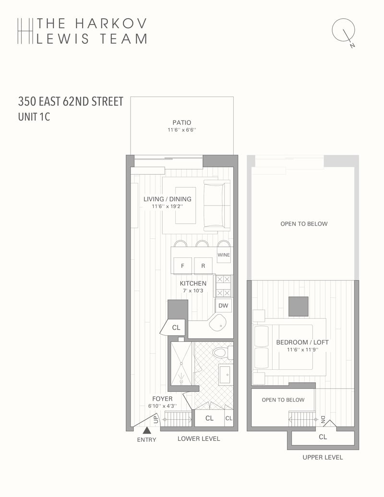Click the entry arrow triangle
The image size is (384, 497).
[x=147, y=430]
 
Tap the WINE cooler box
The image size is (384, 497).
[x=224, y=255]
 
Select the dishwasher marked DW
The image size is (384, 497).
[x=223, y=305]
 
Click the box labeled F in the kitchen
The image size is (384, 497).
[x=182, y=266]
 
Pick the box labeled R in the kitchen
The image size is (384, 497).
[x=203, y=266]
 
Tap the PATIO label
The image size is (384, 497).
[x=182, y=122]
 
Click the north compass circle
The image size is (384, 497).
[x=343, y=30]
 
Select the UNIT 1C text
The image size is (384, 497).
[x=34, y=117]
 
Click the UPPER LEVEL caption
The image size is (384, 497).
[x=323, y=457]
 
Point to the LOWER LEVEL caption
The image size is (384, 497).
[x=199, y=439]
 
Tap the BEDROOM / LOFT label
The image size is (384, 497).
[x=302, y=342]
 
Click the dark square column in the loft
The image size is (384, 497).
[x=299, y=306]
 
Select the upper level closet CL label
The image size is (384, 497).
[x=323, y=437]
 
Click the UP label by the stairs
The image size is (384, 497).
[x=156, y=420]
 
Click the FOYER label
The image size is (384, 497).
[x=162, y=399]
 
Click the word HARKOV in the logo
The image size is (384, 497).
[x=111, y=23]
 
